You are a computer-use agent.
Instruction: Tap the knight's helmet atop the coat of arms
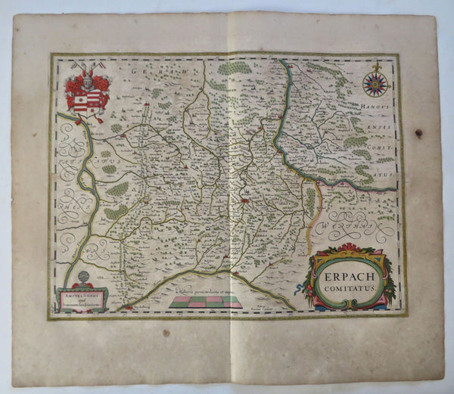click(x=86, y=76)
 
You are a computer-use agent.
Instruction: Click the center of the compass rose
click(x=375, y=83)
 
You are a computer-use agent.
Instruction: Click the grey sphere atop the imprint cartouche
click(x=82, y=278)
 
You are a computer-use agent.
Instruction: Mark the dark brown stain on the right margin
click(x=418, y=133)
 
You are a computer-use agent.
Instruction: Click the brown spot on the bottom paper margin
click(x=165, y=333)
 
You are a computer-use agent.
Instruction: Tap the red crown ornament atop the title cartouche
click(x=347, y=247)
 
